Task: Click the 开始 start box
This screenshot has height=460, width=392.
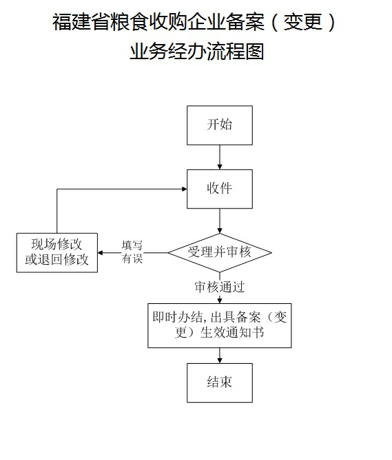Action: click(x=220, y=125)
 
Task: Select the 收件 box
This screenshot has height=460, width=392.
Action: click(x=220, y=188)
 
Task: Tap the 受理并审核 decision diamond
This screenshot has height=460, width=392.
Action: click(x=220, y=252)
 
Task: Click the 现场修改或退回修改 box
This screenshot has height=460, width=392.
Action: click(x=57, y=252)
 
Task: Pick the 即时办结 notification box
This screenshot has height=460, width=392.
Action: click(x=220, y=325)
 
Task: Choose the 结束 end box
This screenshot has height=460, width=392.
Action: click(x=220, y=382)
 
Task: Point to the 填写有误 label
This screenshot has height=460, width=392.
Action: click(x=132, y=252)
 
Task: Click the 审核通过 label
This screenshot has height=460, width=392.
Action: click(x=220, y=287)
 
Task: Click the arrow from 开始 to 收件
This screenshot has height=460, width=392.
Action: click(x=220, y=157)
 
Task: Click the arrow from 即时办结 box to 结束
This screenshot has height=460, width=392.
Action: click(x=220, y=355)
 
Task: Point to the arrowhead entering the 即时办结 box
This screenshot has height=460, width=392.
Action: click(x=220, y=299)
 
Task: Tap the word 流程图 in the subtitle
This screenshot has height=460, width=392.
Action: click(x=238, y=52)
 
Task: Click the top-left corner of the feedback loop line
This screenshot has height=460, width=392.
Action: click(x=57, y=189)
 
